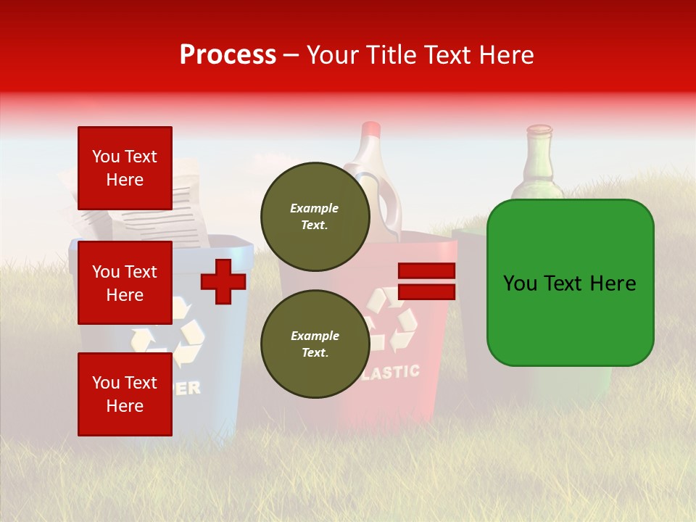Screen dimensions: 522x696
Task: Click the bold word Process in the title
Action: tap(228, 55)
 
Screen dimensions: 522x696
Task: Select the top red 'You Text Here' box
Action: tap(125, 168)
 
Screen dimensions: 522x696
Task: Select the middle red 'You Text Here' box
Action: tap(125, 283)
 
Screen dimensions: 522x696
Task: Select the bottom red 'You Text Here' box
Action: tap(125, 394)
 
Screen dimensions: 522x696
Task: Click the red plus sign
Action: tap(223, 281)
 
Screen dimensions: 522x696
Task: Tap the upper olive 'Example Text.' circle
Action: tap(315, 216)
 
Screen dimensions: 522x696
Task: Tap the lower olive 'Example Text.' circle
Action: tap(315, 344)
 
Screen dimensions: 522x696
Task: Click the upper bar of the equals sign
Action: tap(426, 271)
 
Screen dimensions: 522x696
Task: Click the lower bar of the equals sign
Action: tap(426, 292)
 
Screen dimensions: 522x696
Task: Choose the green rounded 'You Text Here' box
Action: tap(570, 283)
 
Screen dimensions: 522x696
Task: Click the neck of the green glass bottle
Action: tap(539, 156)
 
